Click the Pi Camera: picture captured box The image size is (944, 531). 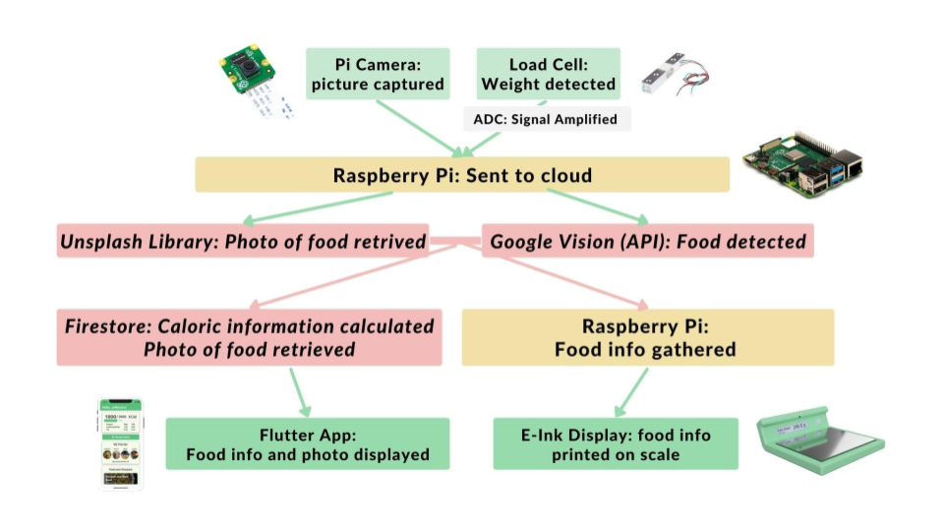[378, 74]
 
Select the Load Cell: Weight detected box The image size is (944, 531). [548, 74]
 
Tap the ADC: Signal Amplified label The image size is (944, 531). [547, 119]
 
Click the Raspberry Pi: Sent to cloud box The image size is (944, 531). [462, 175]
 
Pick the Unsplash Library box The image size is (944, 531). [243, 241]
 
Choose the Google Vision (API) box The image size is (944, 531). [648, 241]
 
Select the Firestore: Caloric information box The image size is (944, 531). [249, 337]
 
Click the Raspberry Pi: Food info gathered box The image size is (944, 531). [648, 337]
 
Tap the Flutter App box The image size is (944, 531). [308, 443]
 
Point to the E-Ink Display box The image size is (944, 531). [616, 443]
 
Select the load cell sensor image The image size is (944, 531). [676, 75]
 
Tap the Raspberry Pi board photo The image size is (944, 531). [803, 164]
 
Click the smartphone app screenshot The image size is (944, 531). [120, 444]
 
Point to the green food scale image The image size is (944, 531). [820, 441]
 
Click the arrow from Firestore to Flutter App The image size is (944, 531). [300, 392]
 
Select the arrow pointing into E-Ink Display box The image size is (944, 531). [631, 392]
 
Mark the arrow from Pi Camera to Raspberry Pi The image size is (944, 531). [420, 128]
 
